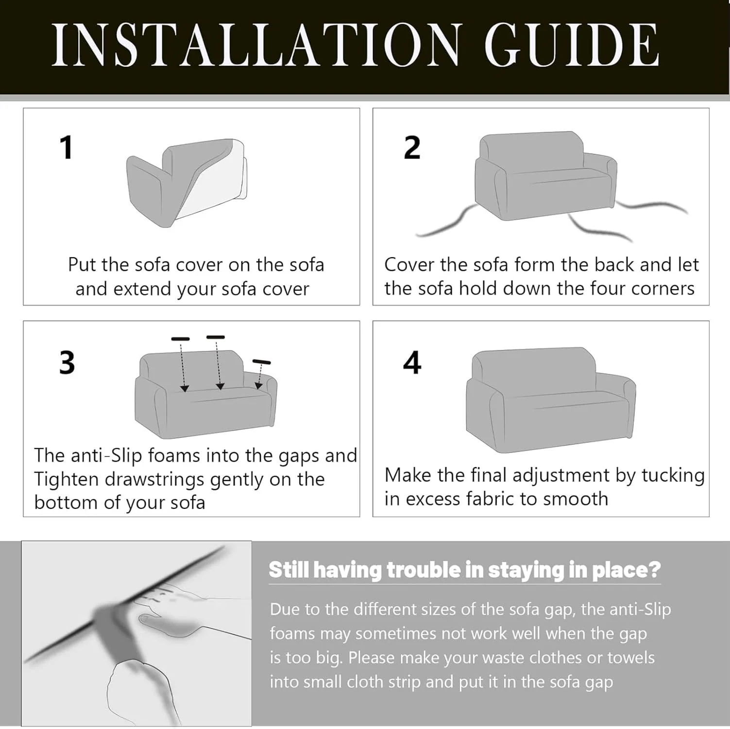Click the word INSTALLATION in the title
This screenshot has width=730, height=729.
[255, 45]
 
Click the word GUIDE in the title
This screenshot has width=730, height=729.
[572, 45]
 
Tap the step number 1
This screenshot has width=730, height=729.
[67, 148]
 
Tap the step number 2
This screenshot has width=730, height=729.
[412, 148]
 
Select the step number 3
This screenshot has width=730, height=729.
[67, 363]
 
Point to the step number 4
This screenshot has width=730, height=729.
[412, 363]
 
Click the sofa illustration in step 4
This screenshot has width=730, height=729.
[551, 399]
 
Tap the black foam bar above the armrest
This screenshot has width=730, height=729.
[261, 362]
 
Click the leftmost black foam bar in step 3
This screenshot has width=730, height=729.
[181, 338]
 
